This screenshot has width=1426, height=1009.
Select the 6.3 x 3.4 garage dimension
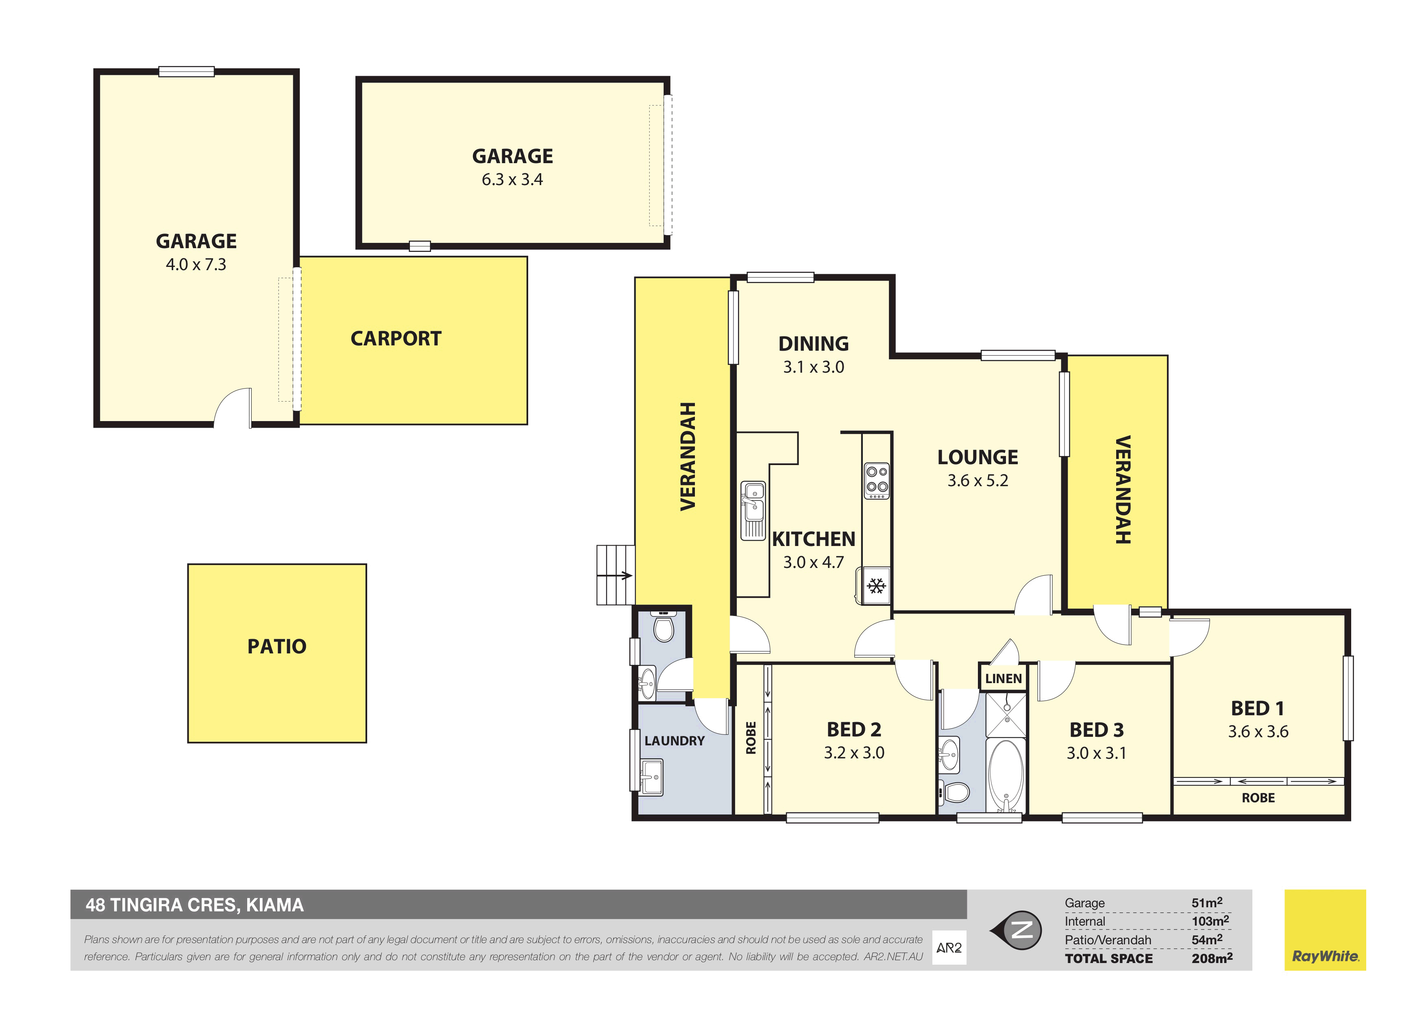click(512, 179)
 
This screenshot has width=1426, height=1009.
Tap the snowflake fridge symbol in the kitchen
click(876, 586)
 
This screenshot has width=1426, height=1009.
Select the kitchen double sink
click(753, 511)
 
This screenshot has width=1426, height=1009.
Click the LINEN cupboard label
click(1003, 679)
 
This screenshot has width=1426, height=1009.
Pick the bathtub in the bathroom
click(1006, 775)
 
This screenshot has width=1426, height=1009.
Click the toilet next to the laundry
click(664, 626)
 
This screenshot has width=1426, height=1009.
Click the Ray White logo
click(1325, 930)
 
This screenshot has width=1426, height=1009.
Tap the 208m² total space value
click(1212, 958)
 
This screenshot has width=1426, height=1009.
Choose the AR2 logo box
click(949, 948)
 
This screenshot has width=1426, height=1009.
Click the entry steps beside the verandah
click(616, 575)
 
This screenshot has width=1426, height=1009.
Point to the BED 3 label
click(1096, 729)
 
